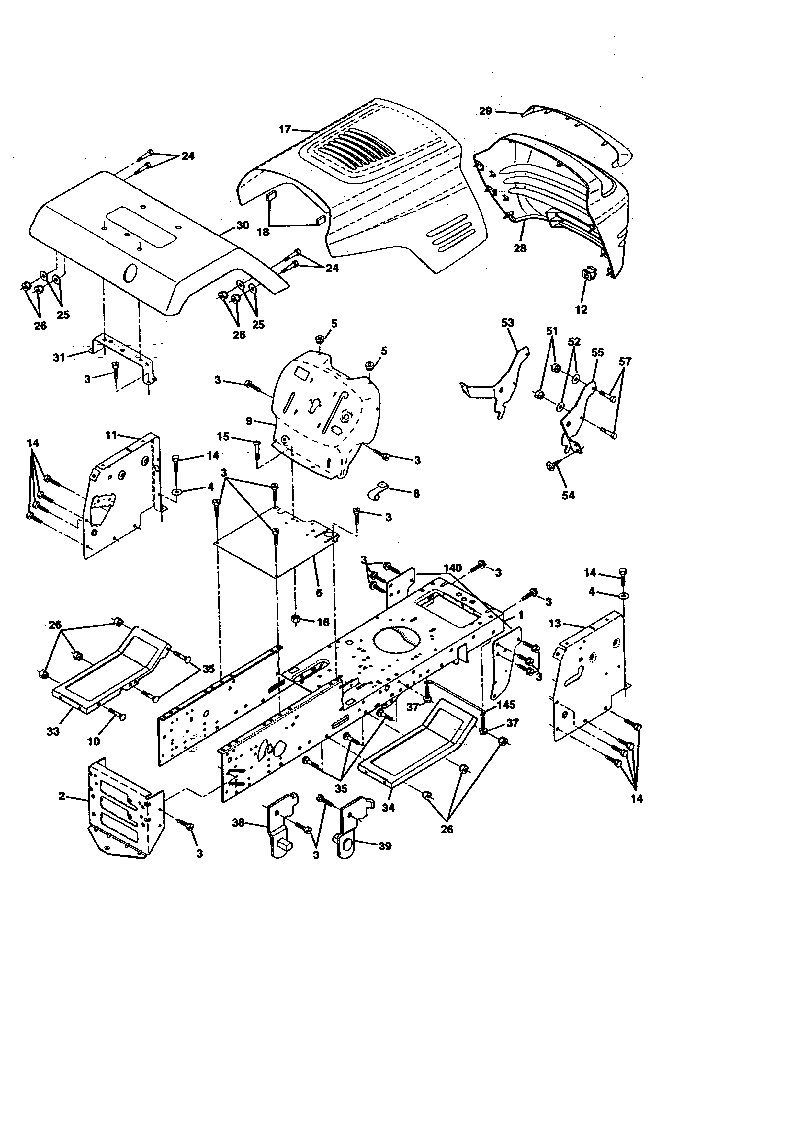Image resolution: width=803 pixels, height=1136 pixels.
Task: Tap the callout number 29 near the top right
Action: tap(486, 111)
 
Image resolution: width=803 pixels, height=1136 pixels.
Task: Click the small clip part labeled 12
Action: tap(587, 273)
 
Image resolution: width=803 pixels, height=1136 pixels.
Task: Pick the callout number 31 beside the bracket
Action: tap(59, 357)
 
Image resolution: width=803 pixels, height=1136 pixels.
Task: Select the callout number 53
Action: tap(507, 323)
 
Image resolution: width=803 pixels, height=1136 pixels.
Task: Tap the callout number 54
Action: tap(568, 495)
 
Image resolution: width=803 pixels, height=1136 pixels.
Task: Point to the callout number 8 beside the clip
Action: tap(416, 493)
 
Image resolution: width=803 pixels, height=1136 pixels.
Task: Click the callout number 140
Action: tap(452, 568)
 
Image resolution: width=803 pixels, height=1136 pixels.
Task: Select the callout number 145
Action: tap(506, 705)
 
